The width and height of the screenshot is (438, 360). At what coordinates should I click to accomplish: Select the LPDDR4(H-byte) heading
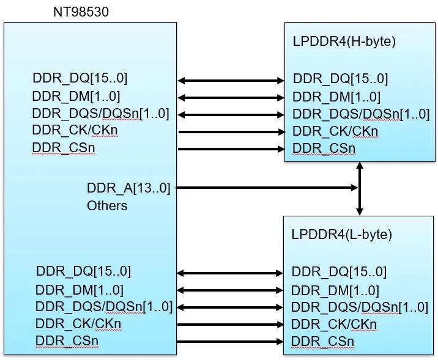(x=344, y=42)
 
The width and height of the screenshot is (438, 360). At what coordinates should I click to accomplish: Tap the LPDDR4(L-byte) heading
(x=342, y=234)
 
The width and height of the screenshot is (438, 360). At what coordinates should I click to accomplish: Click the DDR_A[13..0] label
(x=128, y=188)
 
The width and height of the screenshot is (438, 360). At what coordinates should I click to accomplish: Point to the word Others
(x=107, y=205)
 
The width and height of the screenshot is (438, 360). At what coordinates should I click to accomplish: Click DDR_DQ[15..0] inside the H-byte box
(x=340, y=79)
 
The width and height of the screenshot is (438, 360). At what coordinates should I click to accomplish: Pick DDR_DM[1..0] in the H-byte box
(x=336, y=97)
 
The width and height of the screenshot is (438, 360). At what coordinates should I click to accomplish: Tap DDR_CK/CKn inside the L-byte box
(x=333, y=324)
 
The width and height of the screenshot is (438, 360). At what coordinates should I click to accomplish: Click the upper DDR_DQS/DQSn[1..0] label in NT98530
(x=100, y=114)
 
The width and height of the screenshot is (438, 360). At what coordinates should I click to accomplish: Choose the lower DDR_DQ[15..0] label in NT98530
(x=83, y=271)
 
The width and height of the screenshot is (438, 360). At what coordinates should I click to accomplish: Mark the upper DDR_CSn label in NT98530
(x=64, y=147)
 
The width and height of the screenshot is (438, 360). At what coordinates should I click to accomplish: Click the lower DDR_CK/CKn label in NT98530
(x=78, y=323)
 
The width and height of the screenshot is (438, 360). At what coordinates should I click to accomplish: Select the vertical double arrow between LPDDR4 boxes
(x=360, y=188)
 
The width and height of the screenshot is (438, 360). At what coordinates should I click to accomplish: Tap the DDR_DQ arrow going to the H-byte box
(x=231, y=80)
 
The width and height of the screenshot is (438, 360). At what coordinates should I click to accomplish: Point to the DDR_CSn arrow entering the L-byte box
(x=230, y=342)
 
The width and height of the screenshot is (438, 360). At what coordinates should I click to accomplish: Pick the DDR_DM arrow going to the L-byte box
(x=230, y=290)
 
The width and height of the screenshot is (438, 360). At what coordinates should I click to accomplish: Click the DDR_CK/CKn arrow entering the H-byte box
(x=231, y=131)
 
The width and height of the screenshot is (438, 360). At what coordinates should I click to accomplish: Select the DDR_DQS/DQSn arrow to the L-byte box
(x=230, y=307)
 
